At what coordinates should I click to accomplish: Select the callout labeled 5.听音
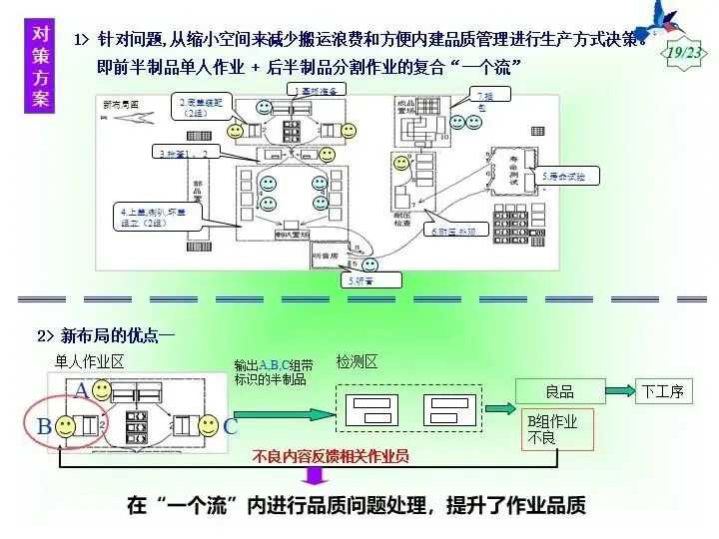coord(361,280)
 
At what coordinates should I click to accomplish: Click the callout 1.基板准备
coord(318,89)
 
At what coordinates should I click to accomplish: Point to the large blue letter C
coord(231,426)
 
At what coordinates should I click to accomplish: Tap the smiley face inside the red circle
coord(66,426)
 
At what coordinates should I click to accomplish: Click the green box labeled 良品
coord(560,390)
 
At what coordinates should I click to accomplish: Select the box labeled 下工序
coord(664,390)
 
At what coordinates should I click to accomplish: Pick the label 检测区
coord(357,361)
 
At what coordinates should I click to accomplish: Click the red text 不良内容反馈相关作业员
coord(331,456)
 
